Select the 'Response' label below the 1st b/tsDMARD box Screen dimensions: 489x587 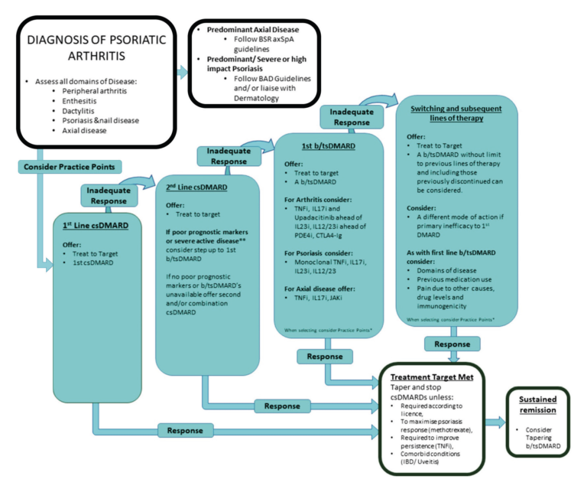(325, 357)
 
